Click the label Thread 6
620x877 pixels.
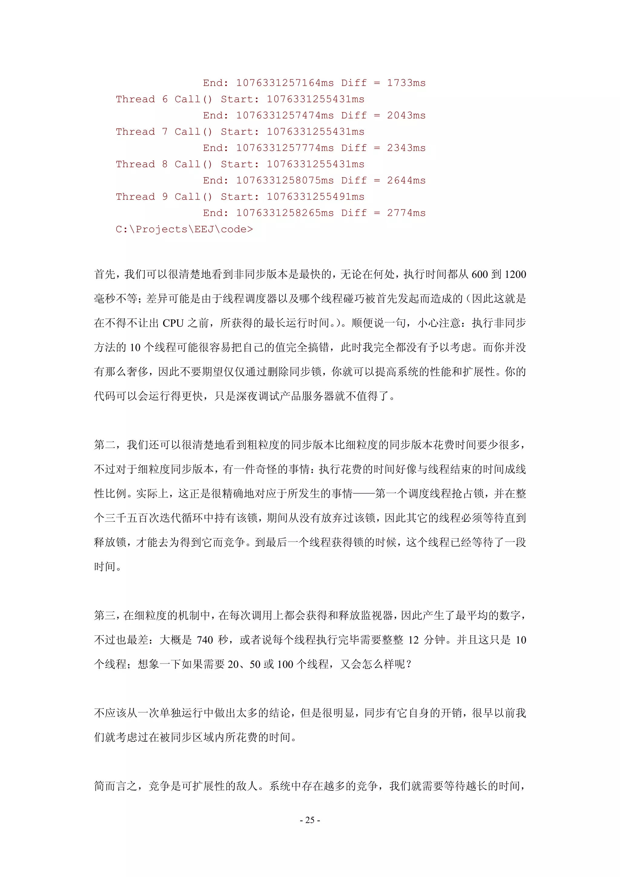(142, 99)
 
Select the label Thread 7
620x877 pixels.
(142, 132)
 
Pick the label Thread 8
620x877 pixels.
(142, 164)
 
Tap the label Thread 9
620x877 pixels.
(142, 197)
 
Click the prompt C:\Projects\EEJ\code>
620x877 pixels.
(184, 229)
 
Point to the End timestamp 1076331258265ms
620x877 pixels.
(285, 213)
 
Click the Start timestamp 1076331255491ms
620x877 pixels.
(315, 197)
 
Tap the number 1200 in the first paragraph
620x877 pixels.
(515, 275)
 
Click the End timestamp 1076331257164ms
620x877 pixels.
(285, 83)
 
